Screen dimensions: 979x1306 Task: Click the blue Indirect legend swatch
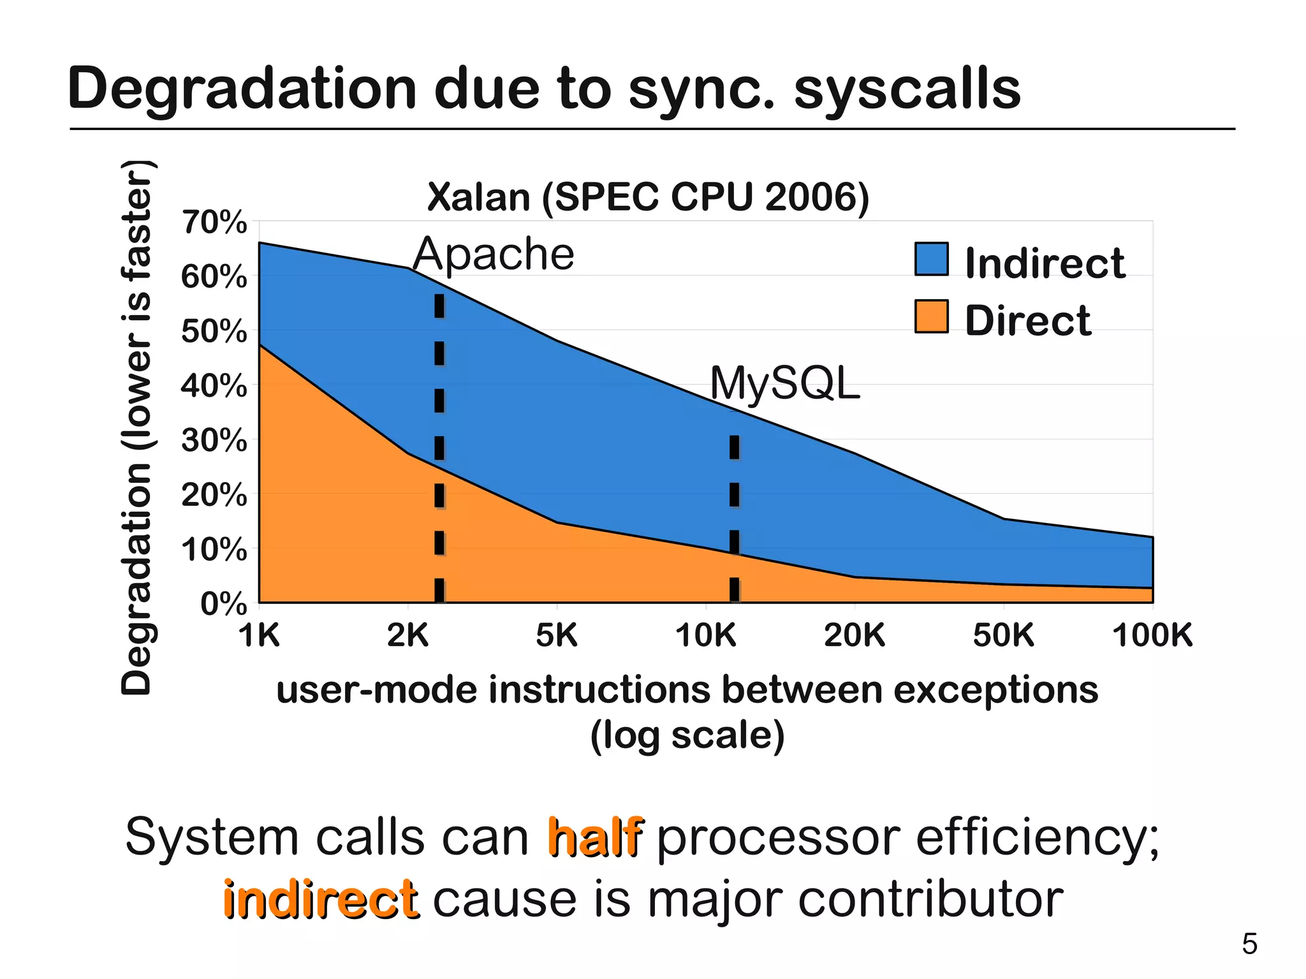pyautogui.click(x=931, y=259)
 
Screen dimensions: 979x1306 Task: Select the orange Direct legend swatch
pyautogui.click(x=931, y=316)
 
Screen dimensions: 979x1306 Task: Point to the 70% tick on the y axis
pyautogui.click(x=214, y=223)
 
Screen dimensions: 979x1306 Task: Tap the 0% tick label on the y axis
pyautogui.click(x=223, y=603)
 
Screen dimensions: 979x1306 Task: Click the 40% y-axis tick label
pyautogui.click(x=214, y=386)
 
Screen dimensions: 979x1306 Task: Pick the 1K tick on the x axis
pyautogui.click(x=260, y=635)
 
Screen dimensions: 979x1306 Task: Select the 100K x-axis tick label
pyautogui.click(x=1152, y=635)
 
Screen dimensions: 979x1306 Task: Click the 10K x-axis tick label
pyautogui.click(x=705, y=635)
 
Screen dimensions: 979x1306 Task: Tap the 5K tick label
pyautogui.click(x=557, y=635)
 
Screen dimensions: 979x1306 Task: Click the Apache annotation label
pyautogui.click(x=494, y=254)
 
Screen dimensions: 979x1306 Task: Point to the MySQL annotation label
pyautogui.click(x=785, y=384)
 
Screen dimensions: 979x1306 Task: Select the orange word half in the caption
pyautogui.click(x=595, y=837)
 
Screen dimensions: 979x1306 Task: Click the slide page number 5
pyautogui.click(x=1249, y=944)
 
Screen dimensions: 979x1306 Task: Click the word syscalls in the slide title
pyautogui.click(x=907, y=89)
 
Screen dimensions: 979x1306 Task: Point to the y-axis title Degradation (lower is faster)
pyautogui.click(x=136, y=427)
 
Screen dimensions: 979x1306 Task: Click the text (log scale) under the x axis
pyautogui.click(x=687, y=735)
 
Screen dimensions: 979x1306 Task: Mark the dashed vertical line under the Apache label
pyautogui.click(x=439, y=446)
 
